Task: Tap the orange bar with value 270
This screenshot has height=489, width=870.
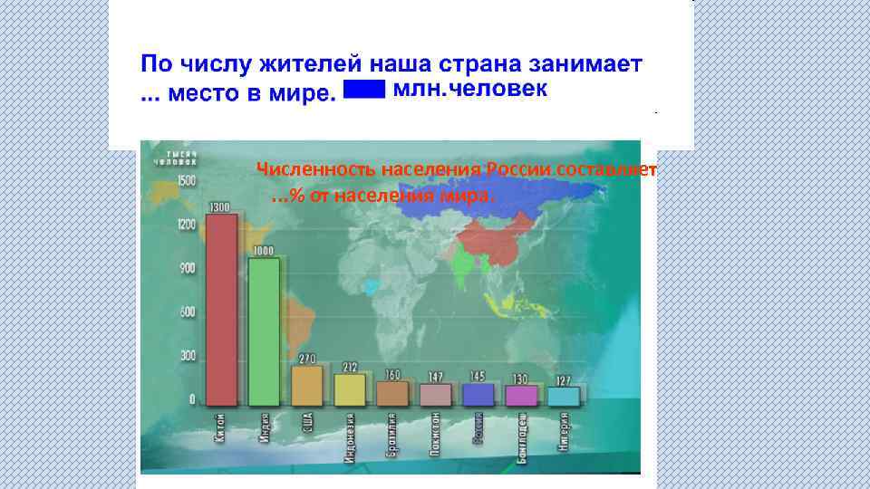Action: (x=307, y=385)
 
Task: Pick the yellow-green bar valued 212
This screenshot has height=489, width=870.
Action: (x=350, y=389)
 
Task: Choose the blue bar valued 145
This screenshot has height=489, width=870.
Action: (x=478, y=393)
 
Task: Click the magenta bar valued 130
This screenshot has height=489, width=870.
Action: (x=521, y=395)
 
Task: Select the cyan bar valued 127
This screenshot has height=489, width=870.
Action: (x=564, y=395)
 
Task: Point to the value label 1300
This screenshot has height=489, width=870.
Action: (x=219, y=207)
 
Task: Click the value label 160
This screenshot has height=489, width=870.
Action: (x=392, y=374)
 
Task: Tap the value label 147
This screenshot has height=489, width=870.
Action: (x=435, y=376)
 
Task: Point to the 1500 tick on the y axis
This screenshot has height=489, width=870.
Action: (x=186, y=181)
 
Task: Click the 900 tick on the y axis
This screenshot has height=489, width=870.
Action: (x=188, y=269)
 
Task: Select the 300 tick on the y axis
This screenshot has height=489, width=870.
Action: (x=188, y=356)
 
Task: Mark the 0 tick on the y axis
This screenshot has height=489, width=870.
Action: (x=191, y=399)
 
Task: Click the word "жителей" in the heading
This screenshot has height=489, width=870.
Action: (x=300, y=65)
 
